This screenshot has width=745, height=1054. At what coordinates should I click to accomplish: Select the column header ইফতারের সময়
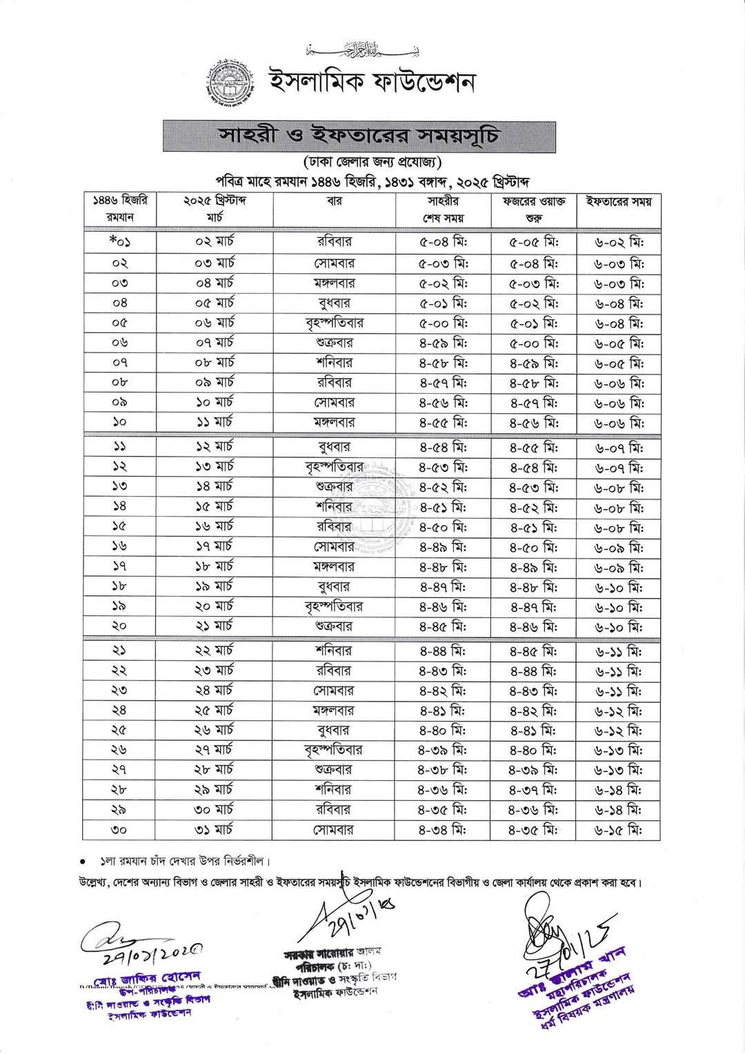coord(618,201)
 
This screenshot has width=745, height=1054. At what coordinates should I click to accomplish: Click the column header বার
coord(334,201)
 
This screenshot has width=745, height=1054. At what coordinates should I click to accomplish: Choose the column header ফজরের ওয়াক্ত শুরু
coord(533,209)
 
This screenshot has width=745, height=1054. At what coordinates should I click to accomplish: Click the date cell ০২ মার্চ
coord(215,242)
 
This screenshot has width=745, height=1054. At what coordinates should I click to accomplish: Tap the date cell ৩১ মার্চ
coord(215,829)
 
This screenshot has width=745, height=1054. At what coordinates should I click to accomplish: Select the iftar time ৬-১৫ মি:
coord(618,831)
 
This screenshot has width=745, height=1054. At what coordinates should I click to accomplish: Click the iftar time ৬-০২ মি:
coord(618,243)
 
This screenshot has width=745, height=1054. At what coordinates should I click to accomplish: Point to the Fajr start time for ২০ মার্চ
coord(533,608)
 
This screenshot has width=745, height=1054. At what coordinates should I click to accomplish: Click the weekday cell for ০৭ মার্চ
coord(334,342)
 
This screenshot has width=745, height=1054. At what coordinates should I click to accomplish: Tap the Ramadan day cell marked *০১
coord(119,242)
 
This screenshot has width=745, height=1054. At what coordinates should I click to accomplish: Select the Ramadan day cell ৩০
coord(119,830)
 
